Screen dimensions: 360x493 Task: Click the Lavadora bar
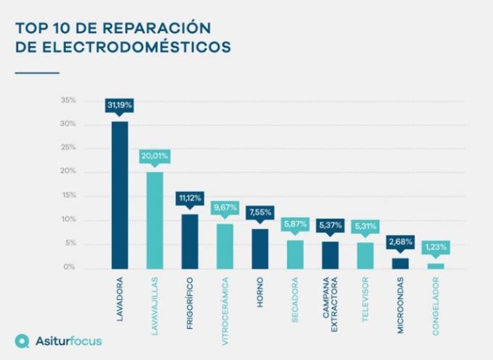120,195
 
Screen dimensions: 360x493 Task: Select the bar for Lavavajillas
154,220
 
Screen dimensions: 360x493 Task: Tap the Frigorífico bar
190,241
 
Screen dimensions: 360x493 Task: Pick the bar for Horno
260,248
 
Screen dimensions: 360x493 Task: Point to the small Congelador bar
435,266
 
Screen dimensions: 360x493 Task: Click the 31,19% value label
120,106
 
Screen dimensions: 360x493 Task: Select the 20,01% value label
154,156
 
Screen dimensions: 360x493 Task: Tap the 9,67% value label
225,208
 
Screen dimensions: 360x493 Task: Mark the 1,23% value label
435,247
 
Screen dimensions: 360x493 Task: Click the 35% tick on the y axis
69,101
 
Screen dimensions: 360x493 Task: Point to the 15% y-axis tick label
69,196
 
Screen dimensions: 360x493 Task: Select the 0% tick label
70,267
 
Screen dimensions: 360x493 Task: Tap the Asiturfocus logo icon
22,340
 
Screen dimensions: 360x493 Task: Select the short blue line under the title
37,73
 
